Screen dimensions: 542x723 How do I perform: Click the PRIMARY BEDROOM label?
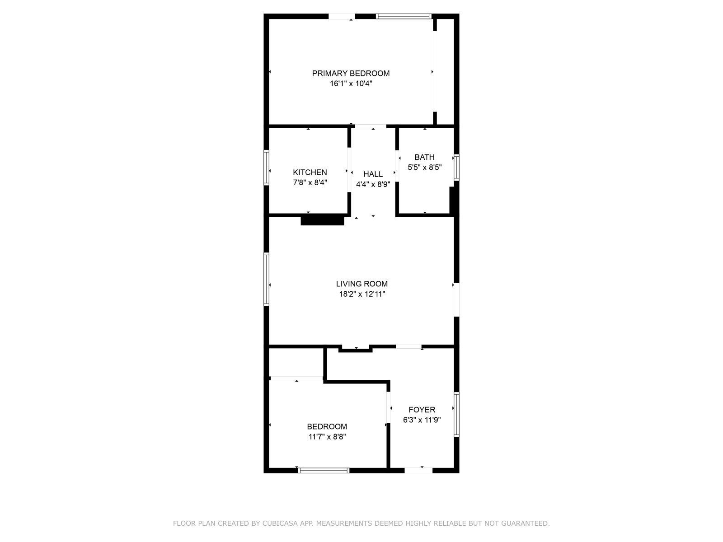tap(351, 73)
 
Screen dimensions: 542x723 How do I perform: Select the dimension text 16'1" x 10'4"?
tap(351, 84)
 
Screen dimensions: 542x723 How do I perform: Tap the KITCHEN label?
tap(310, 172)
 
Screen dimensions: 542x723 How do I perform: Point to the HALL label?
tap(373, 174)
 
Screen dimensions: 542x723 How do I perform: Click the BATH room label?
tap(424, 157)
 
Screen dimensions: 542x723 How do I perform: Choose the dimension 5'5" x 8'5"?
tap(424, 167)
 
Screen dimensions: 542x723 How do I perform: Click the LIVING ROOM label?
tap(361, 284)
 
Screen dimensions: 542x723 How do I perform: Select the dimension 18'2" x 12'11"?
tap(361, 294)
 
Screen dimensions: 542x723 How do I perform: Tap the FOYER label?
tap(422, 410)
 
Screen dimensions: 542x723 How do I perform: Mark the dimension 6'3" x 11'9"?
tap(422, 420)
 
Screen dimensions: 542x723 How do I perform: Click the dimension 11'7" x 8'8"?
tap(327, 437)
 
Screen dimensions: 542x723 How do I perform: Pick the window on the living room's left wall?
tap(267, 279)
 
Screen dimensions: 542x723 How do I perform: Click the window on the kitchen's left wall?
tap(267, 168)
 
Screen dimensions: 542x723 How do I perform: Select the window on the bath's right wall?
tap(456, 168)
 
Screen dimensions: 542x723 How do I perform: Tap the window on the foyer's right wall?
tap(456, 415)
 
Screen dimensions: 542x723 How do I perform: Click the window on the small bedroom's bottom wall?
tap(324, 470)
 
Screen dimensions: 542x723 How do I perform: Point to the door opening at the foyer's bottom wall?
tap(418, 470)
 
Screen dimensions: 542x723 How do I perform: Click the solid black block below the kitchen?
tap(322, 220)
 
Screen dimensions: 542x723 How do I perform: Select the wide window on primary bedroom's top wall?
tap(404, 17)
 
